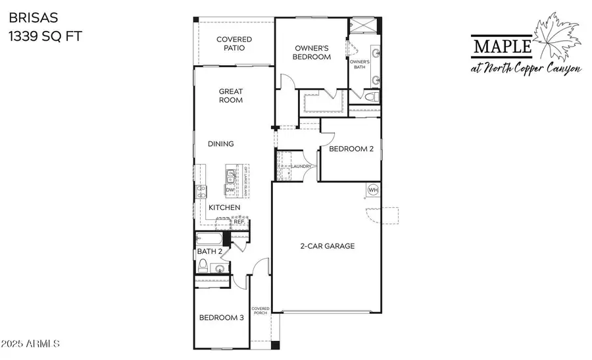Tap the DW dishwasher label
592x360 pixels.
[x=230, y=190]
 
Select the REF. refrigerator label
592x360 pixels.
[x=239, y=222]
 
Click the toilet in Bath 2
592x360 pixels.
[x=204, y=266]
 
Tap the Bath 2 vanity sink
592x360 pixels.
[x=220, y=267]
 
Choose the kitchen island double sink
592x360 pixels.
[x=230, y=176]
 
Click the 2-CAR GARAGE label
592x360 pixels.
[x=327, y=246]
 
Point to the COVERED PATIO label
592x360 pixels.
[x=234, y=43]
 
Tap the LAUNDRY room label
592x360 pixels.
[x=302, y=167]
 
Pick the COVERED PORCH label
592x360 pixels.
[x=260, y=311]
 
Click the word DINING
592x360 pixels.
[x=221, y=143]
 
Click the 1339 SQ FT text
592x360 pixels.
[x=45, y=37]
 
